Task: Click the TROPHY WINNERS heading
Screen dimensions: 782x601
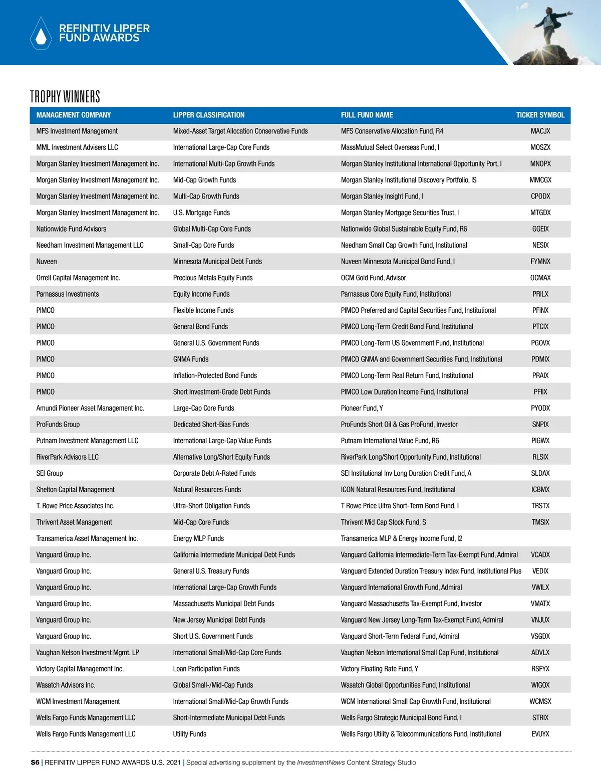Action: [65, 96]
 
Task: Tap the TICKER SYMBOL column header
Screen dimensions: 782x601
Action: [540, 115]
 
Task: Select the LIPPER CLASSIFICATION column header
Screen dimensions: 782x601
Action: [209, 115]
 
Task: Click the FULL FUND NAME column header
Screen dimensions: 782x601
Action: [367, 115]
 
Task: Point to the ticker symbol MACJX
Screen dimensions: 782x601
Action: [540, 131]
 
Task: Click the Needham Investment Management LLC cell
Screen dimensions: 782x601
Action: [90, 245]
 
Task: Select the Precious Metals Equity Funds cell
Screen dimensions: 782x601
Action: [213, 278]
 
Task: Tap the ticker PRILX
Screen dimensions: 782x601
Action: [540, 294]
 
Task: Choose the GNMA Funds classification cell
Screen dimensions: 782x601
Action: [191, 359]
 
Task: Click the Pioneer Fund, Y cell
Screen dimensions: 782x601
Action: [362, 408]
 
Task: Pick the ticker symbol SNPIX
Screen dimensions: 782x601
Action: [540, 425]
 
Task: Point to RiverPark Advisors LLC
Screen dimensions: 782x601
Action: [67, 457]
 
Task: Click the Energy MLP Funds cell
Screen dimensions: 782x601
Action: [198, 538]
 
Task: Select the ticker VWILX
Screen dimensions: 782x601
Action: [540, 588]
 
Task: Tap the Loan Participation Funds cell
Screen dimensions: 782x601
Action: [206, 669]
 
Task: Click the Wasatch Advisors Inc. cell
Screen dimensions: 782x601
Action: [66, 685]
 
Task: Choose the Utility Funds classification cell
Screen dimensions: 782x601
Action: [190, 734]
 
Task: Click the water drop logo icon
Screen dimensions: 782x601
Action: [41, 34]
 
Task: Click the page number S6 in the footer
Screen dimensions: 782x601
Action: [35, 762]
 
